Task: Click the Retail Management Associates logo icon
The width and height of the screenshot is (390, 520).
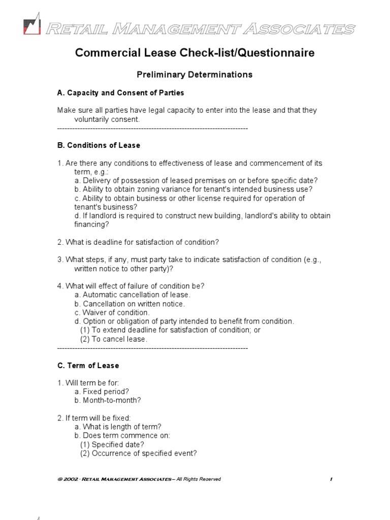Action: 32,26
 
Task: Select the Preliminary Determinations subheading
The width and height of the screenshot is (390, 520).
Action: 194,75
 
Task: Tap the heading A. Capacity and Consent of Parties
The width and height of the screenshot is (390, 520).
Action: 120,93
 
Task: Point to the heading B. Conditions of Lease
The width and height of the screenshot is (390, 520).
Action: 99,145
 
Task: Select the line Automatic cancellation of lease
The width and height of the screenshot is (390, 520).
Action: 133,295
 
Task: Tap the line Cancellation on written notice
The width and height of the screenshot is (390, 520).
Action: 129,304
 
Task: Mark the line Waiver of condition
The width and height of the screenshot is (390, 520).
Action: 112,312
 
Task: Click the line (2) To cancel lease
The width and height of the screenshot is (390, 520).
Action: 114,339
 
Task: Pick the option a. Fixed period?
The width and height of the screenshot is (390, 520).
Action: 102,392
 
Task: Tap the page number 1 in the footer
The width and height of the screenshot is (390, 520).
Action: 331,479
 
